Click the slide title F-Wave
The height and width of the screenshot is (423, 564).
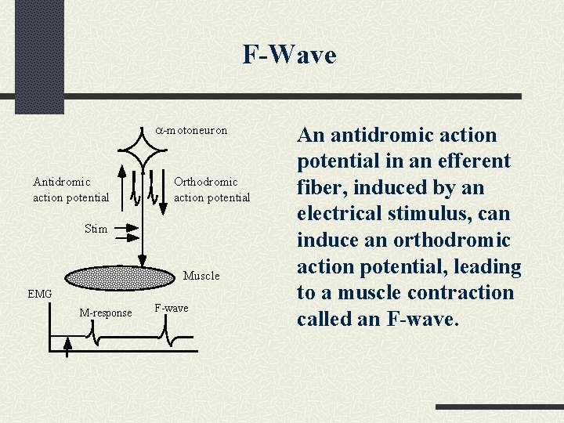tap(289, 56)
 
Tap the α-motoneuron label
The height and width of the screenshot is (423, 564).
tap(190, 130)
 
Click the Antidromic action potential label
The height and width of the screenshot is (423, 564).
tap(70, 190)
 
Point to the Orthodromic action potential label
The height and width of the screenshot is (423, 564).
tap(211, 190)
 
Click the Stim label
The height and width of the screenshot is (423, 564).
tap(96, 229)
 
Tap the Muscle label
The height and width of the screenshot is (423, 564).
tap(201, 276)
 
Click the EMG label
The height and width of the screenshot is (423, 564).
tap(39, 294)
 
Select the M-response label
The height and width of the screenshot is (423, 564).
tap(106, 313)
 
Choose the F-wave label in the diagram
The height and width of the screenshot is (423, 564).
tap(171, 308)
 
